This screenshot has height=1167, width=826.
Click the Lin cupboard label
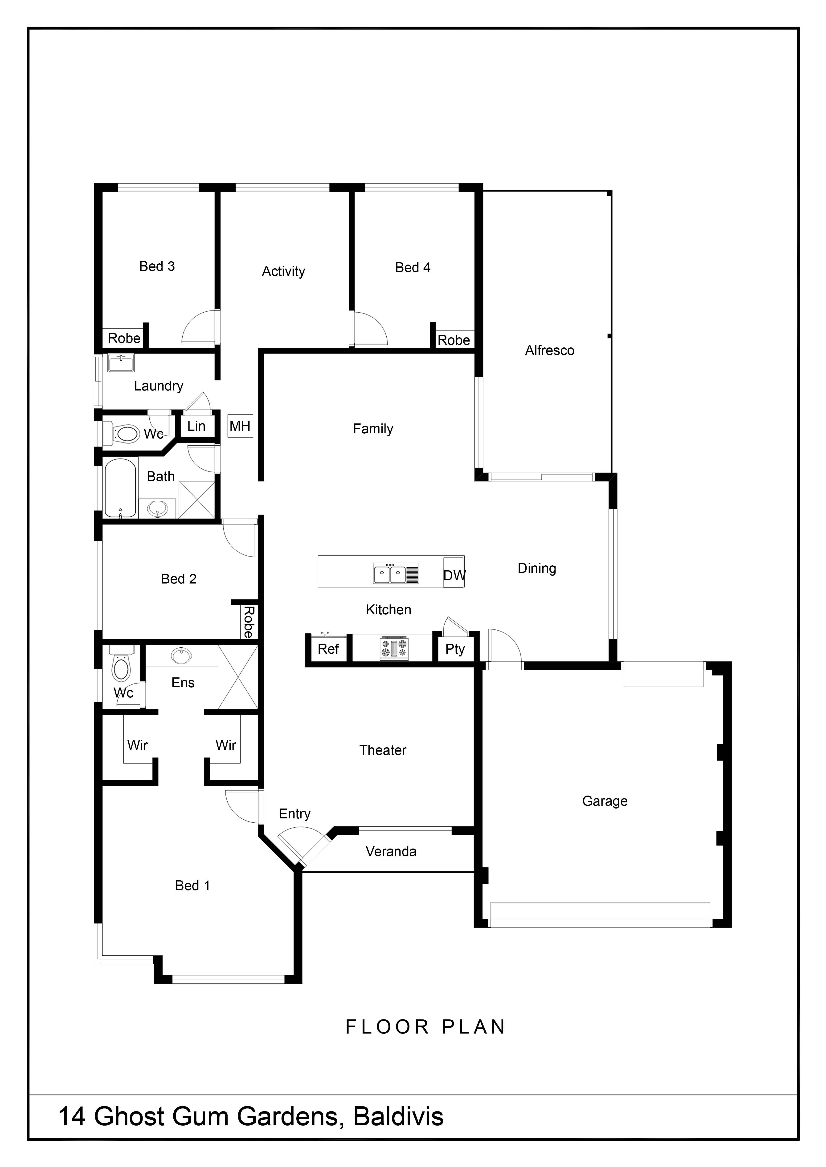pos(196,426)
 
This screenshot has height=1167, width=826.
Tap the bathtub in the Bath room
pos(121,488)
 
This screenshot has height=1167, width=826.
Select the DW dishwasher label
pos(454,575)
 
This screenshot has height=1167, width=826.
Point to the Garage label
pos(605,801)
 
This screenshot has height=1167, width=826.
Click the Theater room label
pos(383,750)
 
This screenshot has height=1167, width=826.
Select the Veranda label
pos(391,851)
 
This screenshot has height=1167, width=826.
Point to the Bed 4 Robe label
pos(454,340)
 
